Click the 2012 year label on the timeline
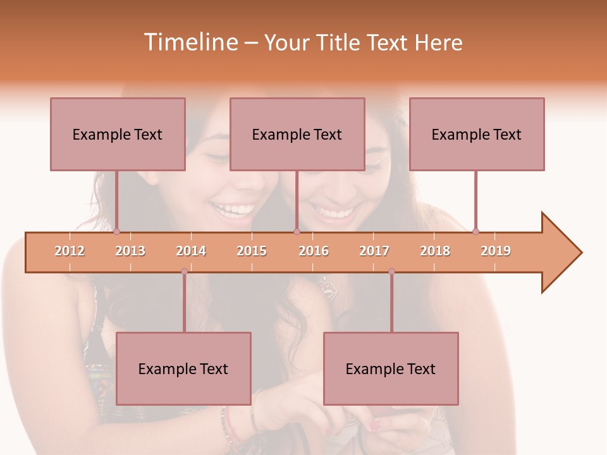pyautogui.click(x=70, y=251)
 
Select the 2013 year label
pyautogui.click(x=130, y=251)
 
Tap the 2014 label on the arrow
pyautogui.click(x=191, y=251)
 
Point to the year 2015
pyautogui.click(x=252, y=251)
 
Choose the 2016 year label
pyautogui.click(x=314, y=251)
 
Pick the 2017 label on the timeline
pyautogui.click(x=374, y=251)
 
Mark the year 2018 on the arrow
pyautogui.click(x=435, y=251)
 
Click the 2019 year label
pyautogui.click(x=496, y=251)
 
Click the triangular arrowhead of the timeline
pyautogui.click(x=560, y=253)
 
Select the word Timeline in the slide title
pyautogui.click(x=189, y=42)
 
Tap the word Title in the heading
pyautogui.click(x=339, y=42)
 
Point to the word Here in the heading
pyautogui.click(x=438, y=42)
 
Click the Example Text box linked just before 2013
pyautogui.click(x=118, y=134)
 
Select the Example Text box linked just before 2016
pyautogui.click(x=297, y=134)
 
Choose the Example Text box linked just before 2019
pyautogui.click(x=477, y=134)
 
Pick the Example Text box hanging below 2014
pyautogui.click(x=183, y=368)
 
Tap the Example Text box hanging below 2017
pyautogui.click(x=391, y=368)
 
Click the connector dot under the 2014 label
pyautogui.click(x=184, y=272)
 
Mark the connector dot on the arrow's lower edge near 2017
pyautogui.click(x=391, y=272)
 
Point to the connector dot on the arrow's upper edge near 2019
pyautogui.click(x=475, y=231)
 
